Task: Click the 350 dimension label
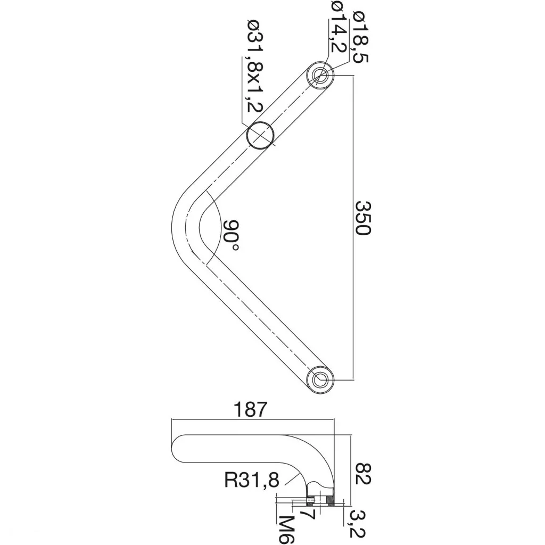pyautogui.click(x=362, y=218)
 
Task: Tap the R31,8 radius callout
pyautogui.click(x=251, y=481)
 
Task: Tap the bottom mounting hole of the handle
pyautogui.click(x=321, y=379)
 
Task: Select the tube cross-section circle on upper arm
pyautogui.click(x=260, y=134)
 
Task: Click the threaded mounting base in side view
pyautogui.click(x=321, y=500)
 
